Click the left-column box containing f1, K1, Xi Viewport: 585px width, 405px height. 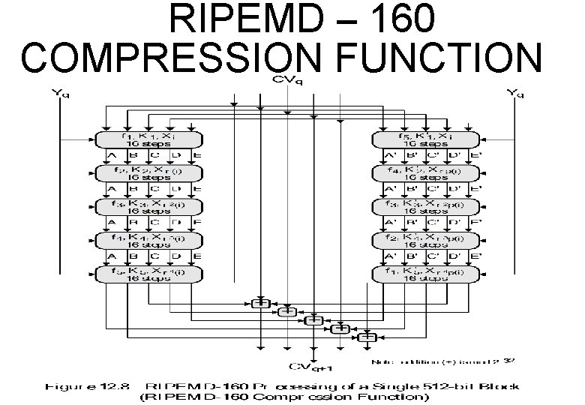coord(149,139)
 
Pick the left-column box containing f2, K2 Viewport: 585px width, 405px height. coord(149,173)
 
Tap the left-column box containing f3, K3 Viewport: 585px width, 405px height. coord(149,207)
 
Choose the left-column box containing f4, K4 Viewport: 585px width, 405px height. coord(149,241)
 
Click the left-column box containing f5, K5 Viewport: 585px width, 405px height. coord(149,274)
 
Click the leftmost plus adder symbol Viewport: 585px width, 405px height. coord(260,302)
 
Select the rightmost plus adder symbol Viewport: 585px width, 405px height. coord(367,337)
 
